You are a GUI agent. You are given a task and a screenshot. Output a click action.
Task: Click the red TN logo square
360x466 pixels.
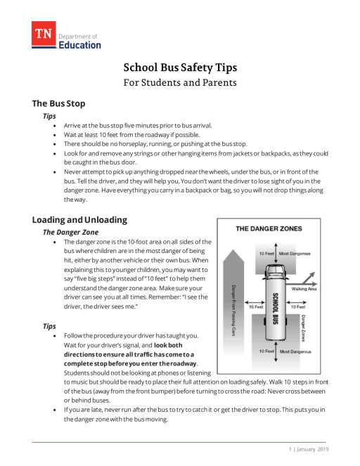43,34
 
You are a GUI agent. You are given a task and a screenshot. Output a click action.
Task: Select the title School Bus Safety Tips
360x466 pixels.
180,68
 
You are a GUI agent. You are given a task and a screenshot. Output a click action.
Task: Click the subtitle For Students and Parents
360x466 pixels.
180,82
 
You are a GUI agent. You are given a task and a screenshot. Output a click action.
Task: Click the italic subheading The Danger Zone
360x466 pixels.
71,231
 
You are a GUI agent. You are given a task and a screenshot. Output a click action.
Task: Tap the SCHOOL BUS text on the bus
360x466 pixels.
275,308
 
